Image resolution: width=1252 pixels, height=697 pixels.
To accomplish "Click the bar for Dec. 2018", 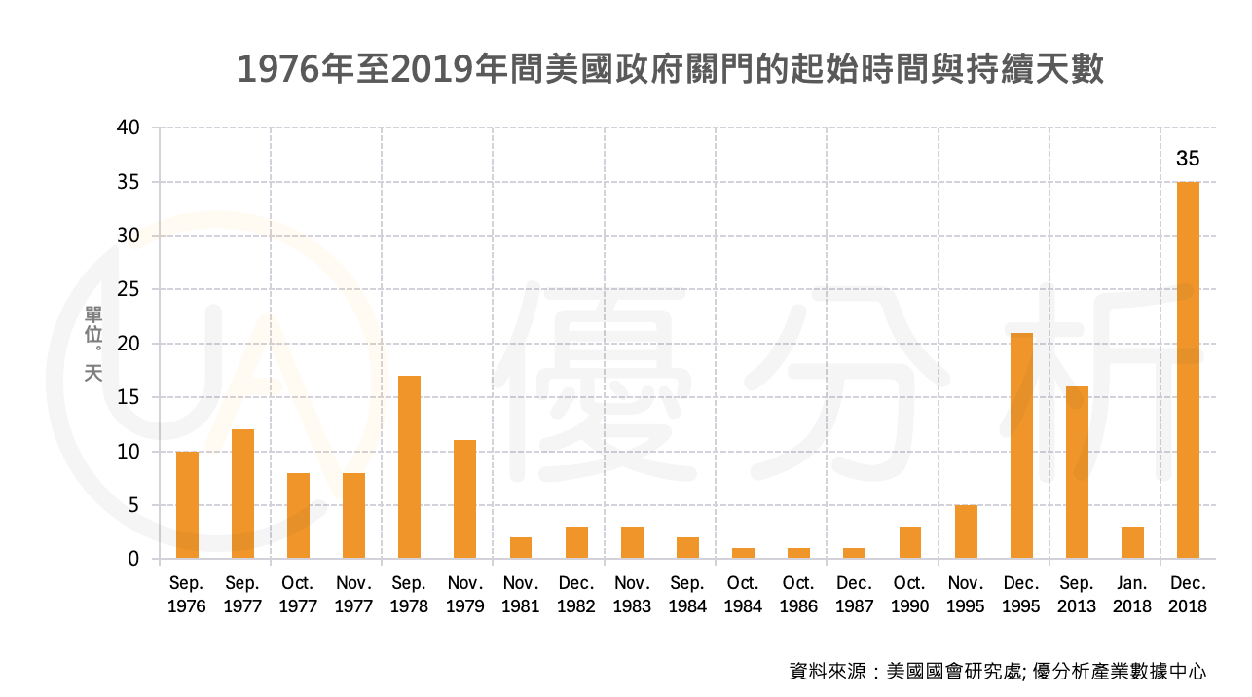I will pyautogui.click(x=1188, y=370).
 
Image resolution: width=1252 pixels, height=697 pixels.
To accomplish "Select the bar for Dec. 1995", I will pyautogui.click(x=1021, y=446).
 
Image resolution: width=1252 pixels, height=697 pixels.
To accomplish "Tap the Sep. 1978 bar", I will pyautogui.click(x=409, y=467).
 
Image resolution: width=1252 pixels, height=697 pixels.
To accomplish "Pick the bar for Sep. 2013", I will pyautogui.click(x=1077, y=472).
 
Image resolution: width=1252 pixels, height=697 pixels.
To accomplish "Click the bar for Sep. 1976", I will pyautogui.click(x=187, y=505).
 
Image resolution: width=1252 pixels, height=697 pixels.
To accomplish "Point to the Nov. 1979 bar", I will pyautogui.click(x=464, y=499).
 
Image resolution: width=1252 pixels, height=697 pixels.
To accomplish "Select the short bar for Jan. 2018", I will pyautogui.click(x=1132, y=542).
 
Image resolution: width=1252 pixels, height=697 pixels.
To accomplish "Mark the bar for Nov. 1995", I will pyautogui.click(x=966, y=532).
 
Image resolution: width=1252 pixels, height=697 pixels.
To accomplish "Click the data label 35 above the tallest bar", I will pyautogui.click(x=1188, y=159).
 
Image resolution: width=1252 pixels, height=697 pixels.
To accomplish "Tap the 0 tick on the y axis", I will pyautogui.click(x=134, y=559).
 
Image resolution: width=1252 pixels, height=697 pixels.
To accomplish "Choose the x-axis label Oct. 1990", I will pyautogui.click(x=909, y=595).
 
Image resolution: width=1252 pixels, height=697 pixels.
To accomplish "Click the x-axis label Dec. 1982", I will pyautogui.click(x=576, y=595).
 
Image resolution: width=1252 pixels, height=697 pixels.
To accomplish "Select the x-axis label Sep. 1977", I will pyautogui.click(x=242, y=595).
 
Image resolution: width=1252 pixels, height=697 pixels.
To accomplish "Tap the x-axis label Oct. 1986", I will pyautogui.click(x=798, y=595).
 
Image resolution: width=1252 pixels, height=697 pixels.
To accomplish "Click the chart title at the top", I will pyautogui.click(x=671, y=70).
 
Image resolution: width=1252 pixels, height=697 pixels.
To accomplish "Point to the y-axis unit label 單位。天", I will pyautogui.click(x=93, y=343).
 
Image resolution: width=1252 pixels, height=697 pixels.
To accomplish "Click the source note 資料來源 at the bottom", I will pyautogui.click(x=997, y=671).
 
